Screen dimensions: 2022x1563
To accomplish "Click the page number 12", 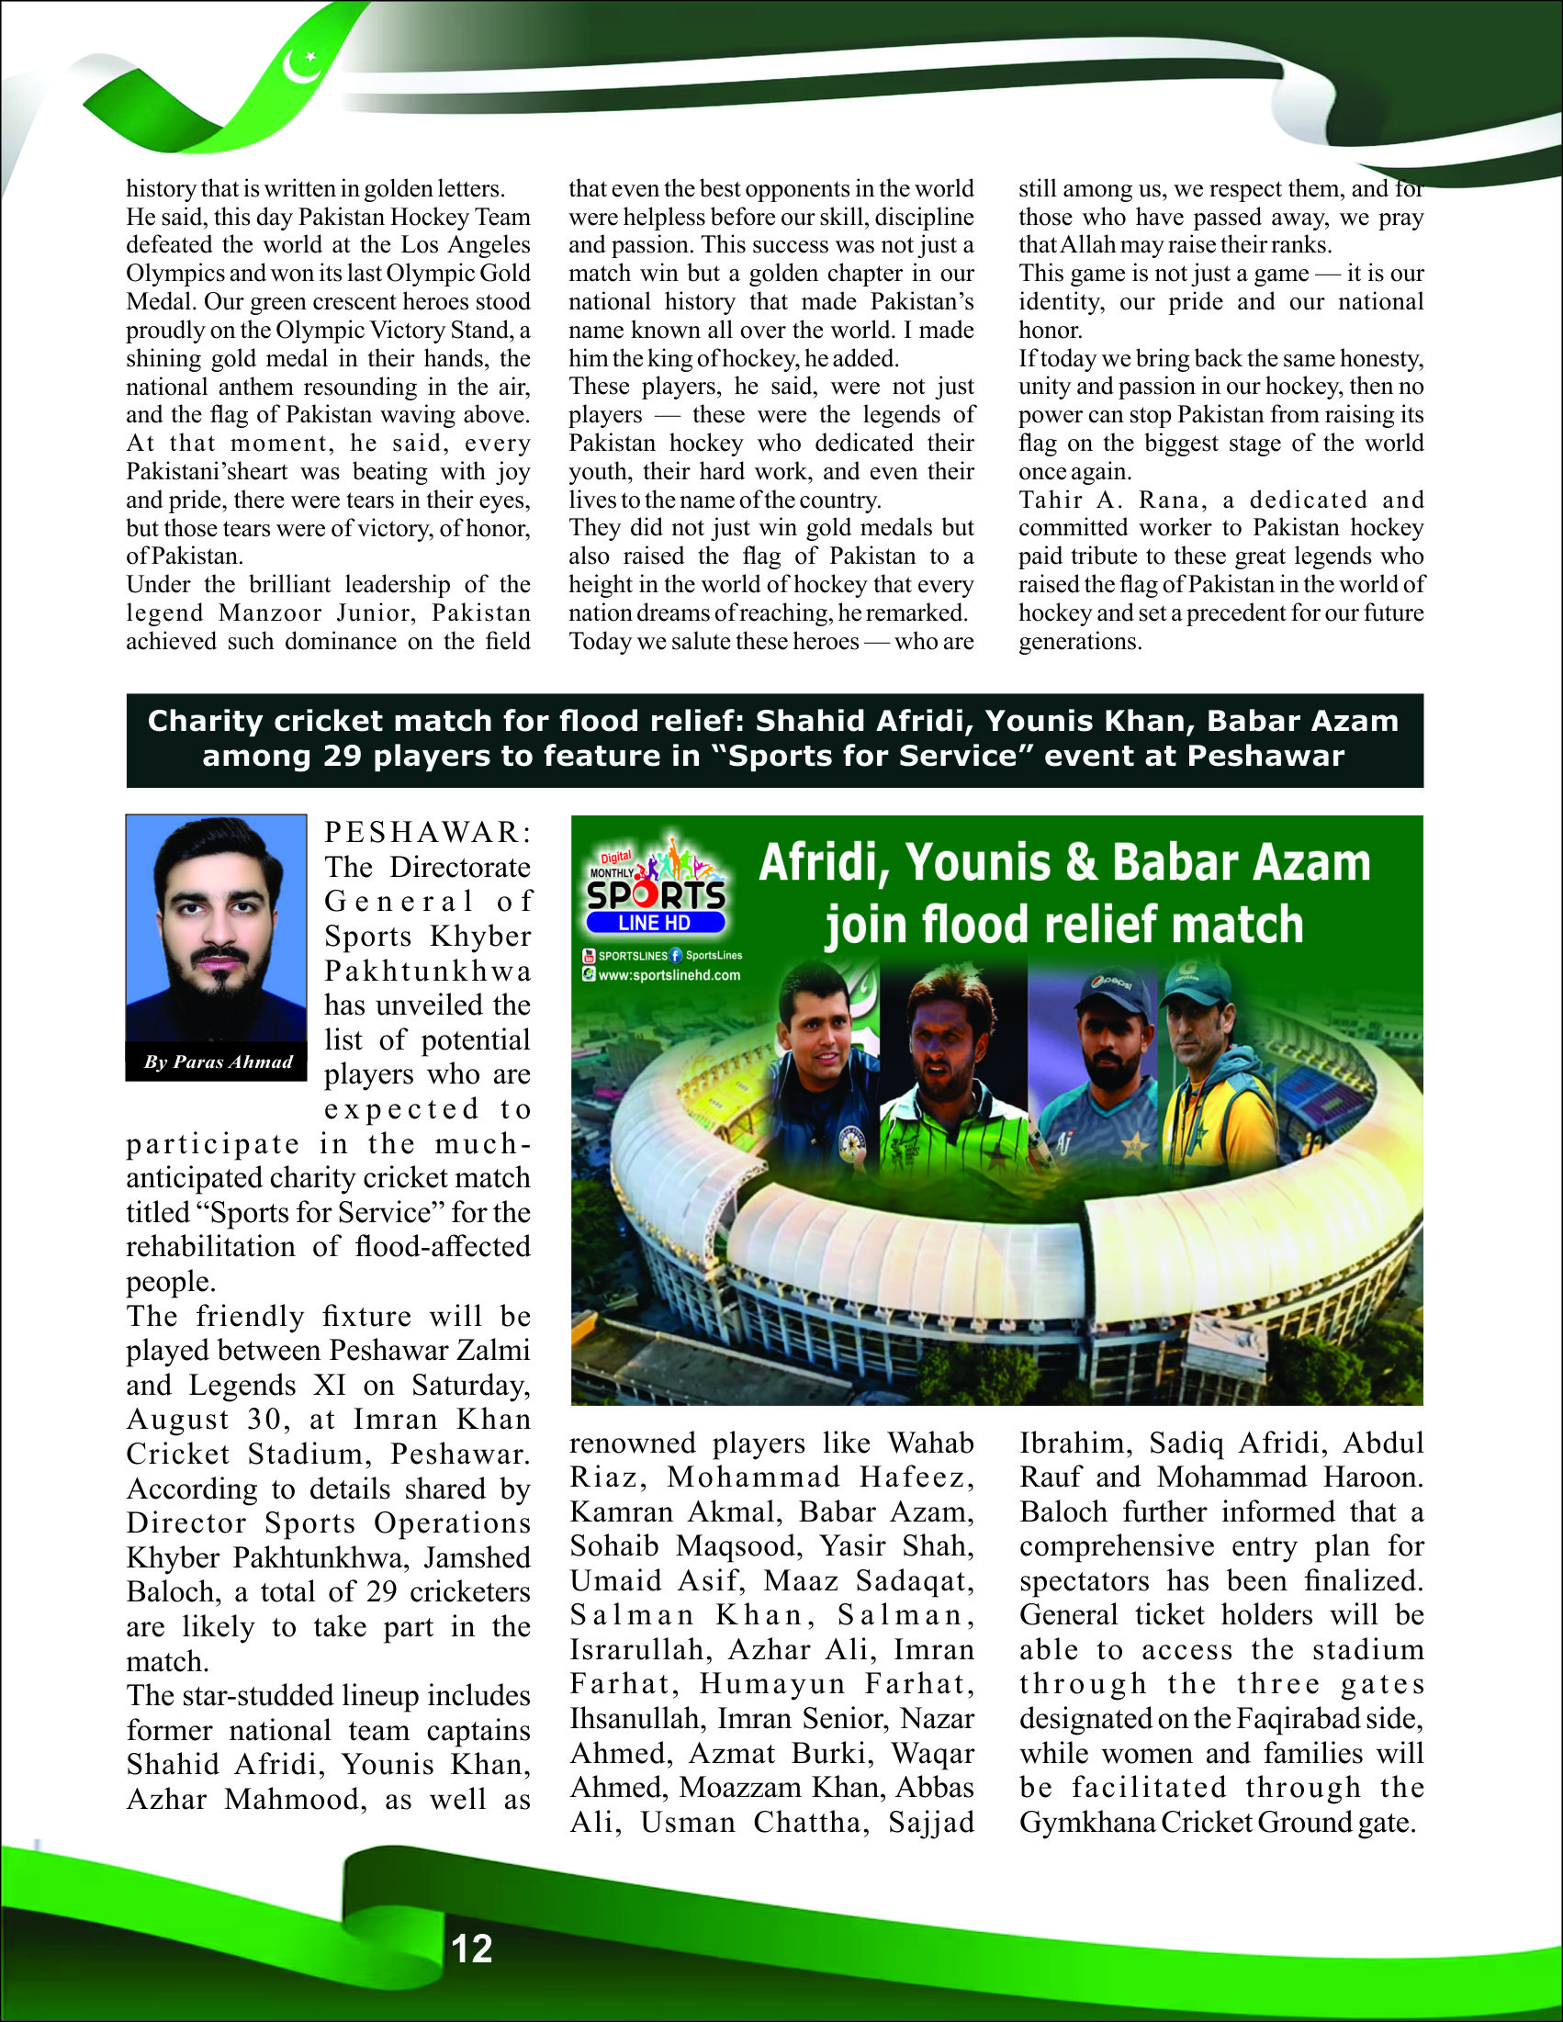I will [471, 1948].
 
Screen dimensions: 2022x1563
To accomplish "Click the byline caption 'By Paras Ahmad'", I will [218, 1062].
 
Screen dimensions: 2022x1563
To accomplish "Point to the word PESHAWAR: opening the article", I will [428, 832].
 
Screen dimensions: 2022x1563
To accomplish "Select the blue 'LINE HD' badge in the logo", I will [655, 923].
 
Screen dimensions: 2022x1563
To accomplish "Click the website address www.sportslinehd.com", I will [669, 975].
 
